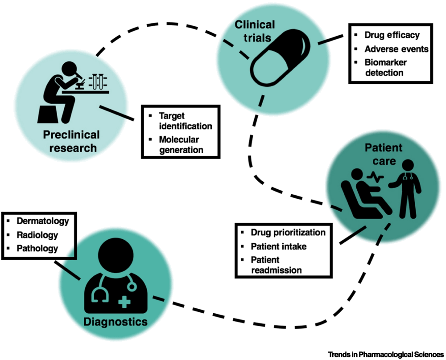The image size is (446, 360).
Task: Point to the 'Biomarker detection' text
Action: [x=385, y=67]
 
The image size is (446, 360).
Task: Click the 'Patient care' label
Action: [x=378, y=154]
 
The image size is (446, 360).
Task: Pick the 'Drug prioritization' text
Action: [x=288, y=233]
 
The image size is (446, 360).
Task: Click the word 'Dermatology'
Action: [x=43, y=221]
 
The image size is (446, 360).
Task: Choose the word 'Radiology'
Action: [x=37, y=234]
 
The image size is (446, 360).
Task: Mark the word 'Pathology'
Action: [x=37, y=249]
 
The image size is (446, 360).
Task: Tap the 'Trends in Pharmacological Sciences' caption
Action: [x=384, y=354]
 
